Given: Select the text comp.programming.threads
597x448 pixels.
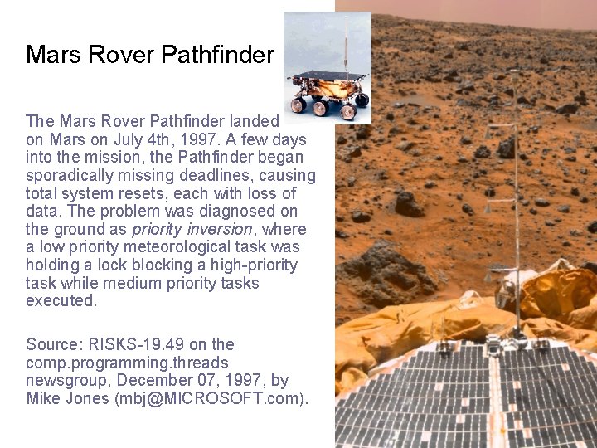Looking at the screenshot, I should click(127, 363).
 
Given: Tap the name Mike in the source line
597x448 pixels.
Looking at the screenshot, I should click(43, 399).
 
